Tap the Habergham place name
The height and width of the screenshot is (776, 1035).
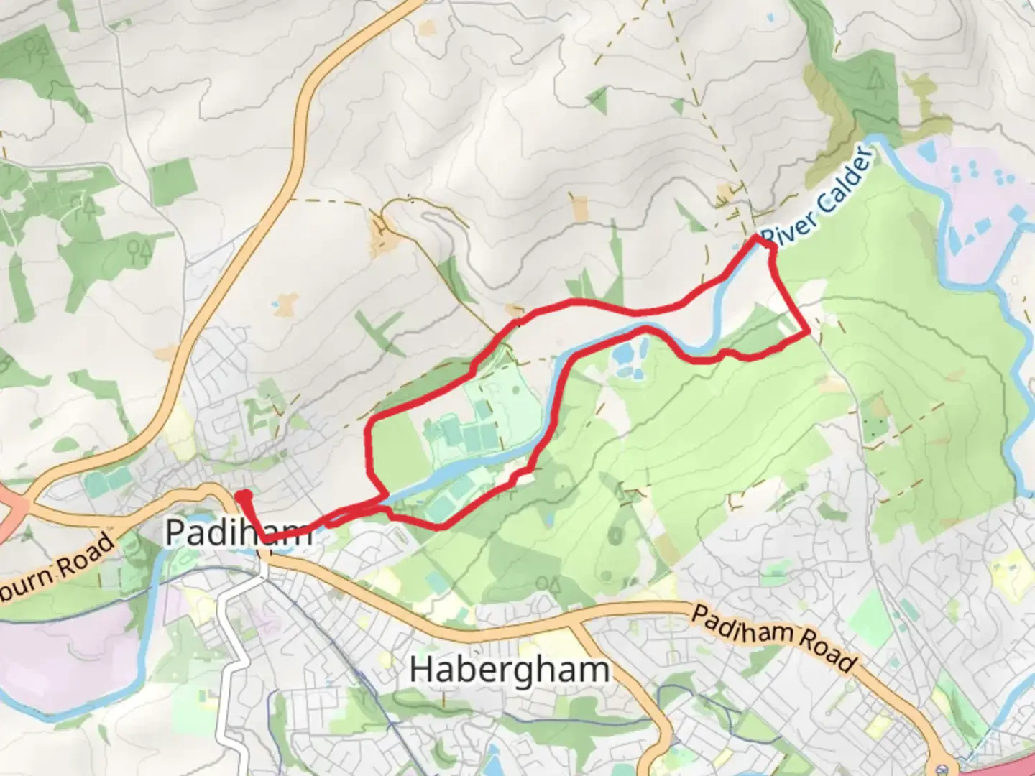tap(510, 670)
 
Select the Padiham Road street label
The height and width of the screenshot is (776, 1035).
tap(773, 636)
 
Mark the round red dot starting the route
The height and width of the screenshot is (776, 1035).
tap(244, 495)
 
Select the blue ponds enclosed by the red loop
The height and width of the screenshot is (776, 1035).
tap(627, 359)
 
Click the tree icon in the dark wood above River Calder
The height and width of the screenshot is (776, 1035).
tap(875, 80)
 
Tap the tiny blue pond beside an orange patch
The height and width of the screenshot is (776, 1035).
tap(275, 305)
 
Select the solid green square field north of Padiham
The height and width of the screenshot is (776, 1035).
tap(172, 180)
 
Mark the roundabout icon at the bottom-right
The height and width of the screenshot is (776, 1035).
tap(944, 766)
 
